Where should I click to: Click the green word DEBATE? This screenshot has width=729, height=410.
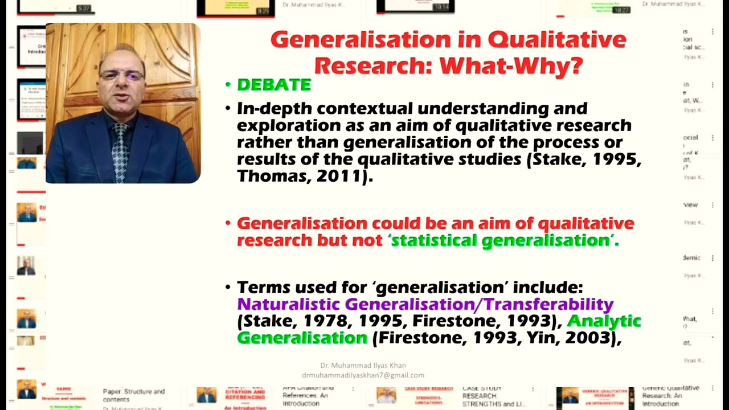274,85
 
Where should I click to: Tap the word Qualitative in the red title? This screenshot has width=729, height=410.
556,40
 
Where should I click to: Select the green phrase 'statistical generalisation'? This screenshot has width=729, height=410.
503,241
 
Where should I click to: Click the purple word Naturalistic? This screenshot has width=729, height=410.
289,305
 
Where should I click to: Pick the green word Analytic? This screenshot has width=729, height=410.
604,321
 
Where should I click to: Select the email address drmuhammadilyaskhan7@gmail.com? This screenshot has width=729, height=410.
363,375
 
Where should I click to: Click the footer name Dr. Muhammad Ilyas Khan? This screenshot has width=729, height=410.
363,366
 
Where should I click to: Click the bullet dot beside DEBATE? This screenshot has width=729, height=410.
228,85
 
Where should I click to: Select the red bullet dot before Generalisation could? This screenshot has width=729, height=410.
228,223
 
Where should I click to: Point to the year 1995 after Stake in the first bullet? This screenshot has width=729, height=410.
613,159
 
